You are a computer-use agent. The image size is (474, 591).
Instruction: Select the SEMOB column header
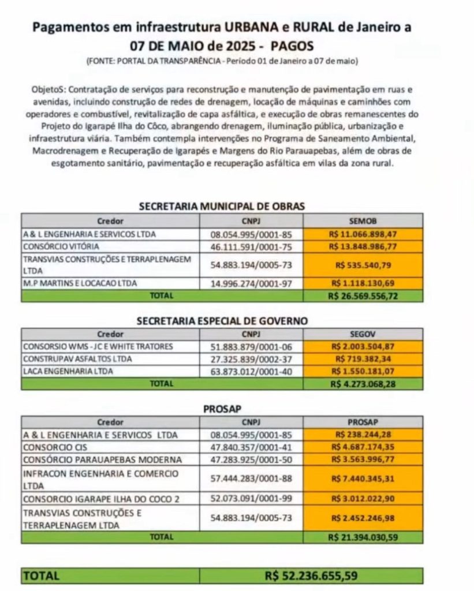point(363,220)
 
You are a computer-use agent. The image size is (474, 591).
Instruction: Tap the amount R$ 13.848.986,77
point(363,246)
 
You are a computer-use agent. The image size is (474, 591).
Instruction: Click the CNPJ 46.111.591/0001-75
point(251,246)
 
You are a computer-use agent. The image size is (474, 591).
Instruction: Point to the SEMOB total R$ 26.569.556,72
point(363,296)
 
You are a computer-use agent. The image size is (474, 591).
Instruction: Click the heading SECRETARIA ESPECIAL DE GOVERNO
point(222,321)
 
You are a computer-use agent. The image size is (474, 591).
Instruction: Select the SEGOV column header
point(363,334)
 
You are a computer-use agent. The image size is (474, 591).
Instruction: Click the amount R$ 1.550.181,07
point(363,371)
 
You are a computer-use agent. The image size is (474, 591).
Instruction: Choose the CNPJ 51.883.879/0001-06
point(251,346)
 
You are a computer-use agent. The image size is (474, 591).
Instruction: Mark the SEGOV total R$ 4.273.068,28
point(363,383)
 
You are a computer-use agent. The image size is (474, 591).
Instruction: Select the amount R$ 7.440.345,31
point(363,478)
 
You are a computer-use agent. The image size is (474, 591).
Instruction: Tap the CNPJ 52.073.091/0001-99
point(251,498)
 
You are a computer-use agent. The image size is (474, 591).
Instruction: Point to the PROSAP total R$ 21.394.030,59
point(363,537)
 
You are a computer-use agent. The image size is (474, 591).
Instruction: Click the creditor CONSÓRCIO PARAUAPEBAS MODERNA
point(94,460)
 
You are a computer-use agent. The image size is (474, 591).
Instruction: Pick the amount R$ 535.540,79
point(363,265)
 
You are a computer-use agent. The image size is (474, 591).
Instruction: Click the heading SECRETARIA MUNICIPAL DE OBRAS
point(222,206)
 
